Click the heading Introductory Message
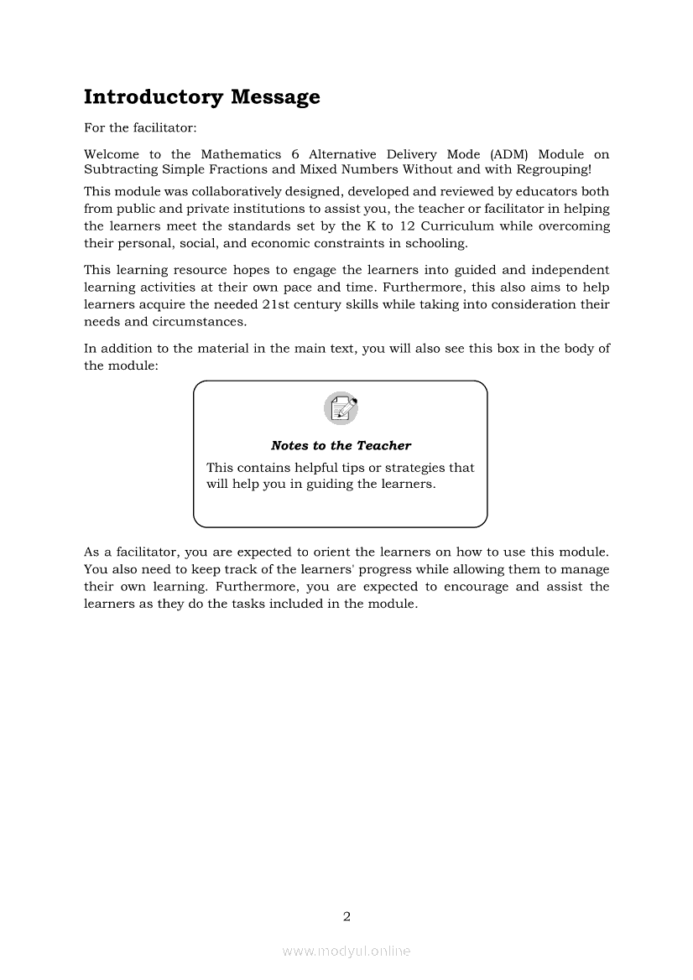pos(201,97)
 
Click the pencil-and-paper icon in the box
pos(341,409)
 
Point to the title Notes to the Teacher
pos(341,446)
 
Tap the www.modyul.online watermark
pos(346,951)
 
